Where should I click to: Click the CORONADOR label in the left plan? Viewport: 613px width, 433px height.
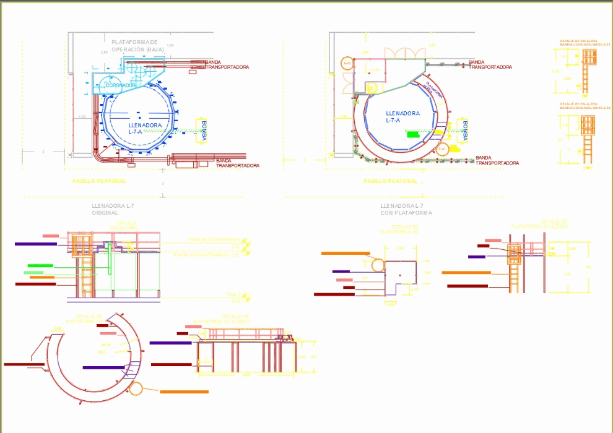click(120, 85)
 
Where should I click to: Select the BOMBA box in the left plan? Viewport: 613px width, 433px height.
click(201, 131)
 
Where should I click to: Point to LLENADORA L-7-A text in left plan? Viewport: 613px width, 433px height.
click(145, 128)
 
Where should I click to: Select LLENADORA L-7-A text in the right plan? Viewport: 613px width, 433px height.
click(402, 116)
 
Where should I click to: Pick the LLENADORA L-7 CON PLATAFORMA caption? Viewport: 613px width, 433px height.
click(406, 209)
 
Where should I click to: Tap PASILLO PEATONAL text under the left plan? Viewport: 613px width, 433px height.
click(99, 181)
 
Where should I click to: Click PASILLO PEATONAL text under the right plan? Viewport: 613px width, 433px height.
click(390, 181)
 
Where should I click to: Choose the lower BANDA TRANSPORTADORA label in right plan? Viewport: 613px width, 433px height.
click(497, 160)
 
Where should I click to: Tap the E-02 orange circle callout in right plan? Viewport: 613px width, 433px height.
click(347, 63)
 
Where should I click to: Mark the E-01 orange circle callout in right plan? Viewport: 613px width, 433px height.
click(442, 148)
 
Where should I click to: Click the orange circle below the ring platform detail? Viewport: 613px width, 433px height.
click(135, 389)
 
